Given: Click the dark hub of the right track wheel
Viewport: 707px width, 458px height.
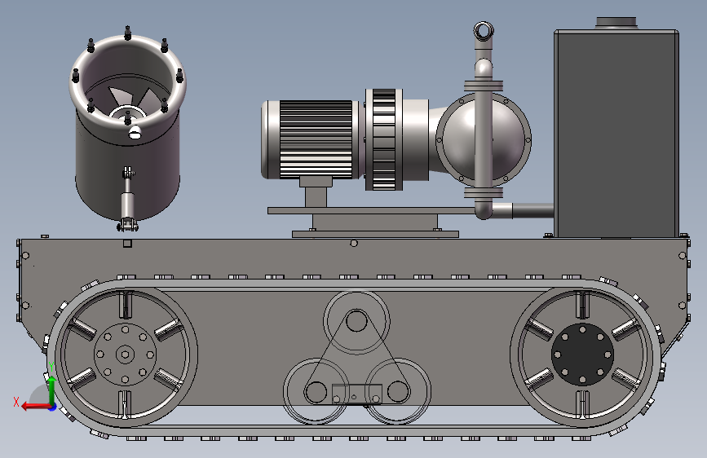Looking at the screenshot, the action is click(582, 355).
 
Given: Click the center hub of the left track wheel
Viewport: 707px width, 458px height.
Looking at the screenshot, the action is click(125, 355).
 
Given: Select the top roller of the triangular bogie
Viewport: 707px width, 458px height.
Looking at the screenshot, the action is click(356, 321).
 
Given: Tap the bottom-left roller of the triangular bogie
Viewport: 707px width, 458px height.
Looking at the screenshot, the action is click(316, 391).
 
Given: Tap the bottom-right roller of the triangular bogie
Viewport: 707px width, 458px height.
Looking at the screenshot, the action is click(398, 391).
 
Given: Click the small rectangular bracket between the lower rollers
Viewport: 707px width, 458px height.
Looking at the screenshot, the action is click(357, 394).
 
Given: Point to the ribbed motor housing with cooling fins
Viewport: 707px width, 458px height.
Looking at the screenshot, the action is click(316, 139).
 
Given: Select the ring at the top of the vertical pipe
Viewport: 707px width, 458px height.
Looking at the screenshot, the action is click(484, 32).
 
